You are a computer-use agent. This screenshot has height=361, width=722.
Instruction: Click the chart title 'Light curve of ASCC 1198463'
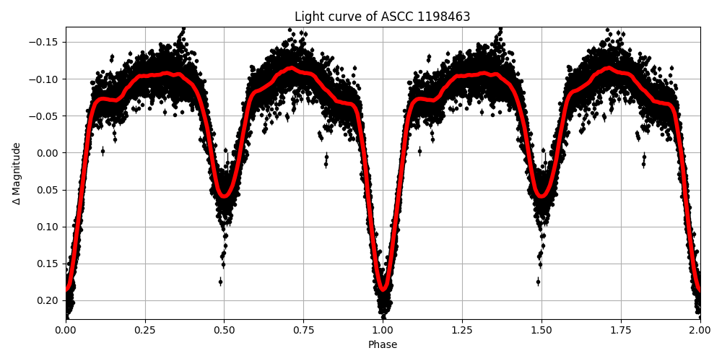(382, 17)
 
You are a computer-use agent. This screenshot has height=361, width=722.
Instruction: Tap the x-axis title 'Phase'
(383, 344)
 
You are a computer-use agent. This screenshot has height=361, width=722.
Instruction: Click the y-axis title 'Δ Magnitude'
(17, 173)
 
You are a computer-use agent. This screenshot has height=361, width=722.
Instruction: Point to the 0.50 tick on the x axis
(224, 331)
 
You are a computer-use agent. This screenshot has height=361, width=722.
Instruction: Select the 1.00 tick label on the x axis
(383, 331)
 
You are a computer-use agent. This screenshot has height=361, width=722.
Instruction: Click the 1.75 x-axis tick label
(620, 331)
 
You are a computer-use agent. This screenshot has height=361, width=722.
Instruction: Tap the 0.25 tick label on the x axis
(145, 331)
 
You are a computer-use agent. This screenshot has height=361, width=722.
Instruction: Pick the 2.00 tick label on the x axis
(700, 331)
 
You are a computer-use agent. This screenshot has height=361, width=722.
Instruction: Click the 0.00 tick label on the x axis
(66, 331)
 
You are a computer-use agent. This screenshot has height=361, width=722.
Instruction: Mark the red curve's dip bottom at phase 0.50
(224, 195)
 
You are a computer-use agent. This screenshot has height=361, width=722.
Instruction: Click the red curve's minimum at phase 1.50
(541, 195)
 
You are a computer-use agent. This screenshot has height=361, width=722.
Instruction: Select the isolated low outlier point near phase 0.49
(220, 282)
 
